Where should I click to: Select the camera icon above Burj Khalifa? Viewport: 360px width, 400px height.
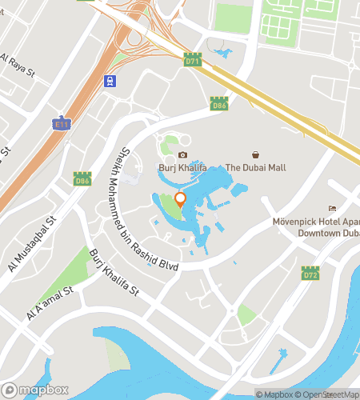[182, 154]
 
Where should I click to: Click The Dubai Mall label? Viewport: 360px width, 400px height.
[255, 168]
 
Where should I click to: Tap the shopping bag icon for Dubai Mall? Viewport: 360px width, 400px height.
[256, 154]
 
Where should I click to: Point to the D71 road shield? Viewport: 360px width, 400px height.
[192, 61]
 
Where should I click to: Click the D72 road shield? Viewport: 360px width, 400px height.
[311, 274]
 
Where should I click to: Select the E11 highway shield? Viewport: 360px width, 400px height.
[62, 124]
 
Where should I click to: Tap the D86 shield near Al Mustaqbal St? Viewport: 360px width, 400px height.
[82, 180]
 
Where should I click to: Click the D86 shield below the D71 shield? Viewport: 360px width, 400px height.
[218, 103]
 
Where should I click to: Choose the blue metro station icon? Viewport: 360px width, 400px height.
[110, 81]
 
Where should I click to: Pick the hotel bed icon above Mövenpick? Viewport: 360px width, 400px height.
[332, 209]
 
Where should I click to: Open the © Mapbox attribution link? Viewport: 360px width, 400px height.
[274, 394]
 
